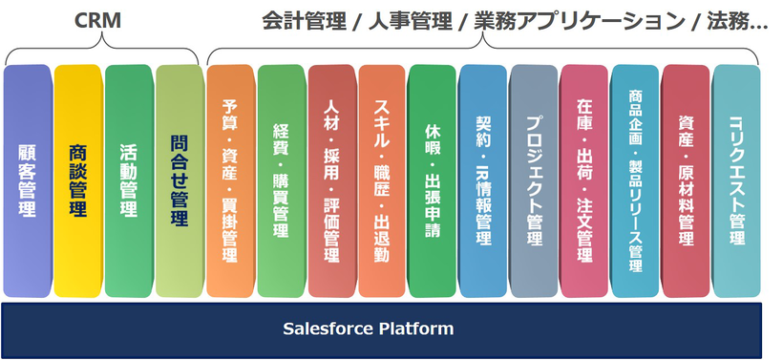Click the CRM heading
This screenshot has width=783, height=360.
point(97,20)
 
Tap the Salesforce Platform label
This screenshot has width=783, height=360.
point(368,328)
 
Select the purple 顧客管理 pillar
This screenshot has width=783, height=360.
point(28,181)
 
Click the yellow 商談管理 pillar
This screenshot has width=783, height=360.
point(78,181)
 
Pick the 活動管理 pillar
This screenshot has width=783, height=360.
point(129,181)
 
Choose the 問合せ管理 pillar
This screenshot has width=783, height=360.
point(180,181)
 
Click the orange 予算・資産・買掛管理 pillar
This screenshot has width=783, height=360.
point(231,181)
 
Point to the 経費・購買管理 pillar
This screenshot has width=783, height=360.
point(282,181)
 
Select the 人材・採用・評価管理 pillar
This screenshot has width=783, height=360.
point(332,181)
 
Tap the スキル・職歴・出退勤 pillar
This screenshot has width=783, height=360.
point(382,181)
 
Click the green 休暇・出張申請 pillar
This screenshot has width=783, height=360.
point(432,181)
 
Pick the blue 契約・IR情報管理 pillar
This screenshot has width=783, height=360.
point(483,181)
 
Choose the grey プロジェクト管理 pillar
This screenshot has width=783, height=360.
point(534,181)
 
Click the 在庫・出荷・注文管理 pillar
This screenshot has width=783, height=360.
point(584,181)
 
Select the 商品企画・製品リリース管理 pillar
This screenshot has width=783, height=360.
point(635,181)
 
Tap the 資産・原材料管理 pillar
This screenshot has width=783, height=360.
point(686,181)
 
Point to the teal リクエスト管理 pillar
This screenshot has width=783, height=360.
point(736,181)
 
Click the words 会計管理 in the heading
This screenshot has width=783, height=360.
point(304,21)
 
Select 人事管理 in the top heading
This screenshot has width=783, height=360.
point(409,21)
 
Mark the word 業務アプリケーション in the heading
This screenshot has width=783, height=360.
point(580,21)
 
